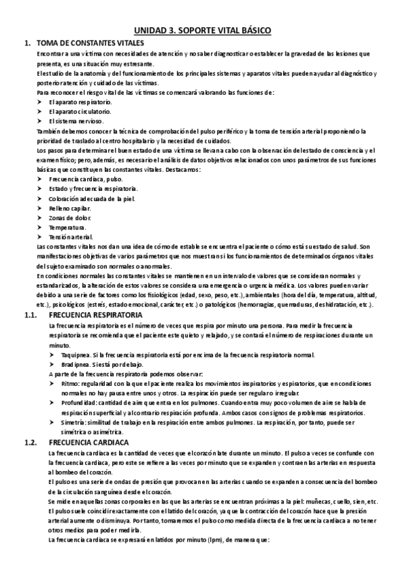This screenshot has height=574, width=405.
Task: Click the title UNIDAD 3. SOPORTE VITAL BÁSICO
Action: coord(201,31)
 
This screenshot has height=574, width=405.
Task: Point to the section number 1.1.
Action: coord(30,315)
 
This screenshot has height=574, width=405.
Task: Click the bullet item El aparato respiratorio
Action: coord(80,101)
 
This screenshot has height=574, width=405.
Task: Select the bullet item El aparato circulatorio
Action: coord(80,111)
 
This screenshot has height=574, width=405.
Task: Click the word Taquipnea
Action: coord(74,355)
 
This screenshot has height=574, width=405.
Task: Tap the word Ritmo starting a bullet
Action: coord(70,384)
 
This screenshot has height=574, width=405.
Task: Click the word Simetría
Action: coord(73,422)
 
